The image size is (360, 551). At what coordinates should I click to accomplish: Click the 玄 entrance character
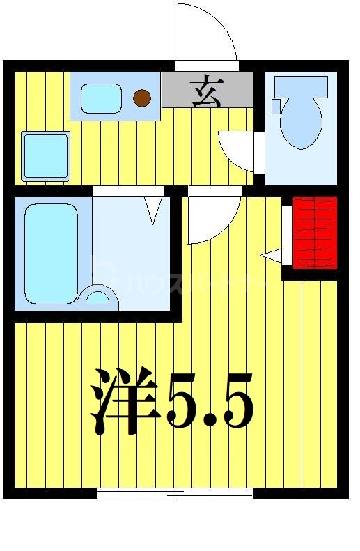pos(206,91)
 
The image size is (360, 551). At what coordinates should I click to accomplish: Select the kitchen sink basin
pos(101,98)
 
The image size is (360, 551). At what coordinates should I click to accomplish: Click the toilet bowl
pos(302,122)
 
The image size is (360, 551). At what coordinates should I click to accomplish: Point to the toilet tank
pos(301,86)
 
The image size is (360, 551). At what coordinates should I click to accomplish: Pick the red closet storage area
pos(315,233)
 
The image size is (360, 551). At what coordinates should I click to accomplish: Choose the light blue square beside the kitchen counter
pos(46,155)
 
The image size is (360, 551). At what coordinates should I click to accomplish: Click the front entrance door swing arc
pos(205,31)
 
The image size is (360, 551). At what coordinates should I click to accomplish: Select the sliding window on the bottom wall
pos(174,494)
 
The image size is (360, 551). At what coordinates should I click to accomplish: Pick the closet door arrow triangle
pos(272,256)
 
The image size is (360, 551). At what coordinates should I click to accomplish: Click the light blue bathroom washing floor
pos(132,258)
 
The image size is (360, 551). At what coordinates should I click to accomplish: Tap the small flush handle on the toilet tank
pos(276,106)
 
